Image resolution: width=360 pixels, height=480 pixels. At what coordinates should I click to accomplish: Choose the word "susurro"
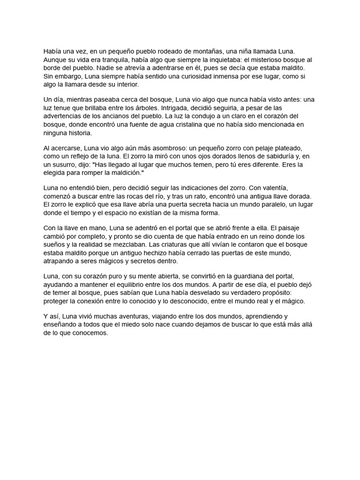point(64,165)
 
